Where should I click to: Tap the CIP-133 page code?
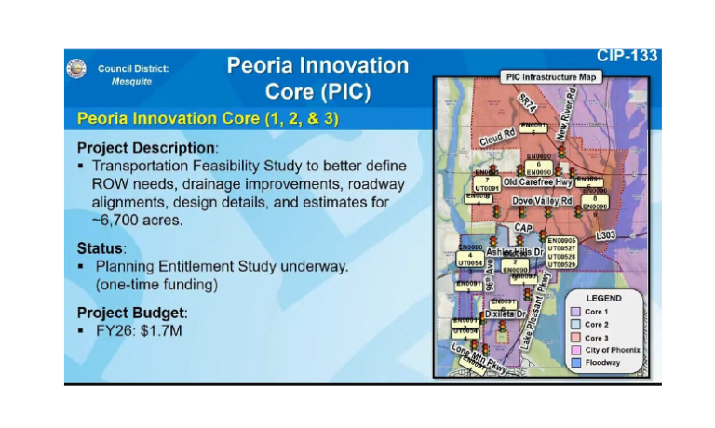627,57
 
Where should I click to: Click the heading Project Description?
146,148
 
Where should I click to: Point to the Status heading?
101,248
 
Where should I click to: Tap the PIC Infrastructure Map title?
548,76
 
